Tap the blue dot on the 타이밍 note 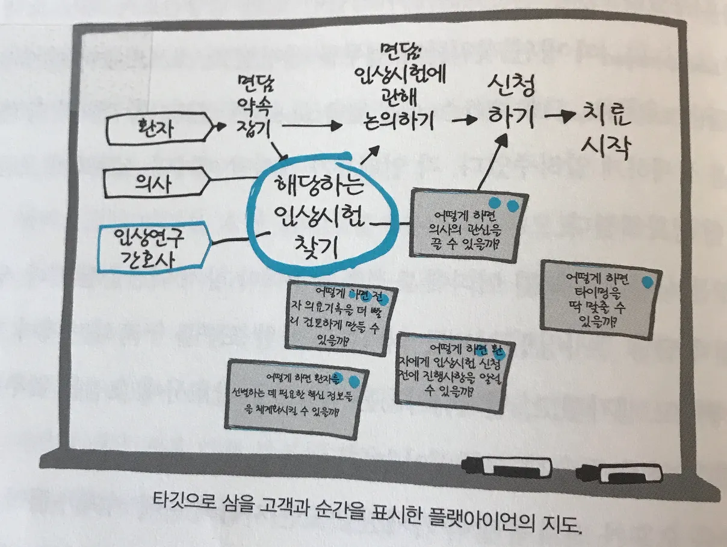(648, 281)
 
